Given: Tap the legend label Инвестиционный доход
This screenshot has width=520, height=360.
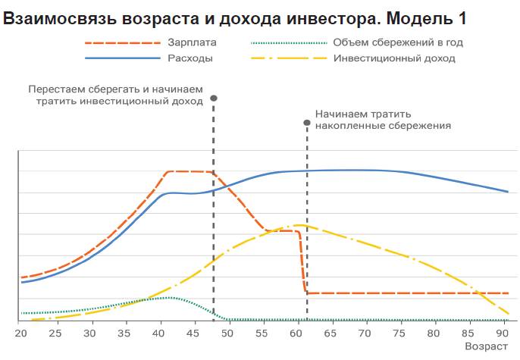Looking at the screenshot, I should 393,58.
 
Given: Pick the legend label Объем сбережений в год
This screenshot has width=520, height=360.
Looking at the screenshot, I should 398,42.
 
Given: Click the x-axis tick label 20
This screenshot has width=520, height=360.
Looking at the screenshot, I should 21,333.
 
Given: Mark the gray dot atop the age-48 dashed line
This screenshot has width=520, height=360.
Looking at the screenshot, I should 214,99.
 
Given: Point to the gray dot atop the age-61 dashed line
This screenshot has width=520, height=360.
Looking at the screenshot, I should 307,121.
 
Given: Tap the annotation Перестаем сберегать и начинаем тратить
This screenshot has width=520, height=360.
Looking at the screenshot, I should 116,95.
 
